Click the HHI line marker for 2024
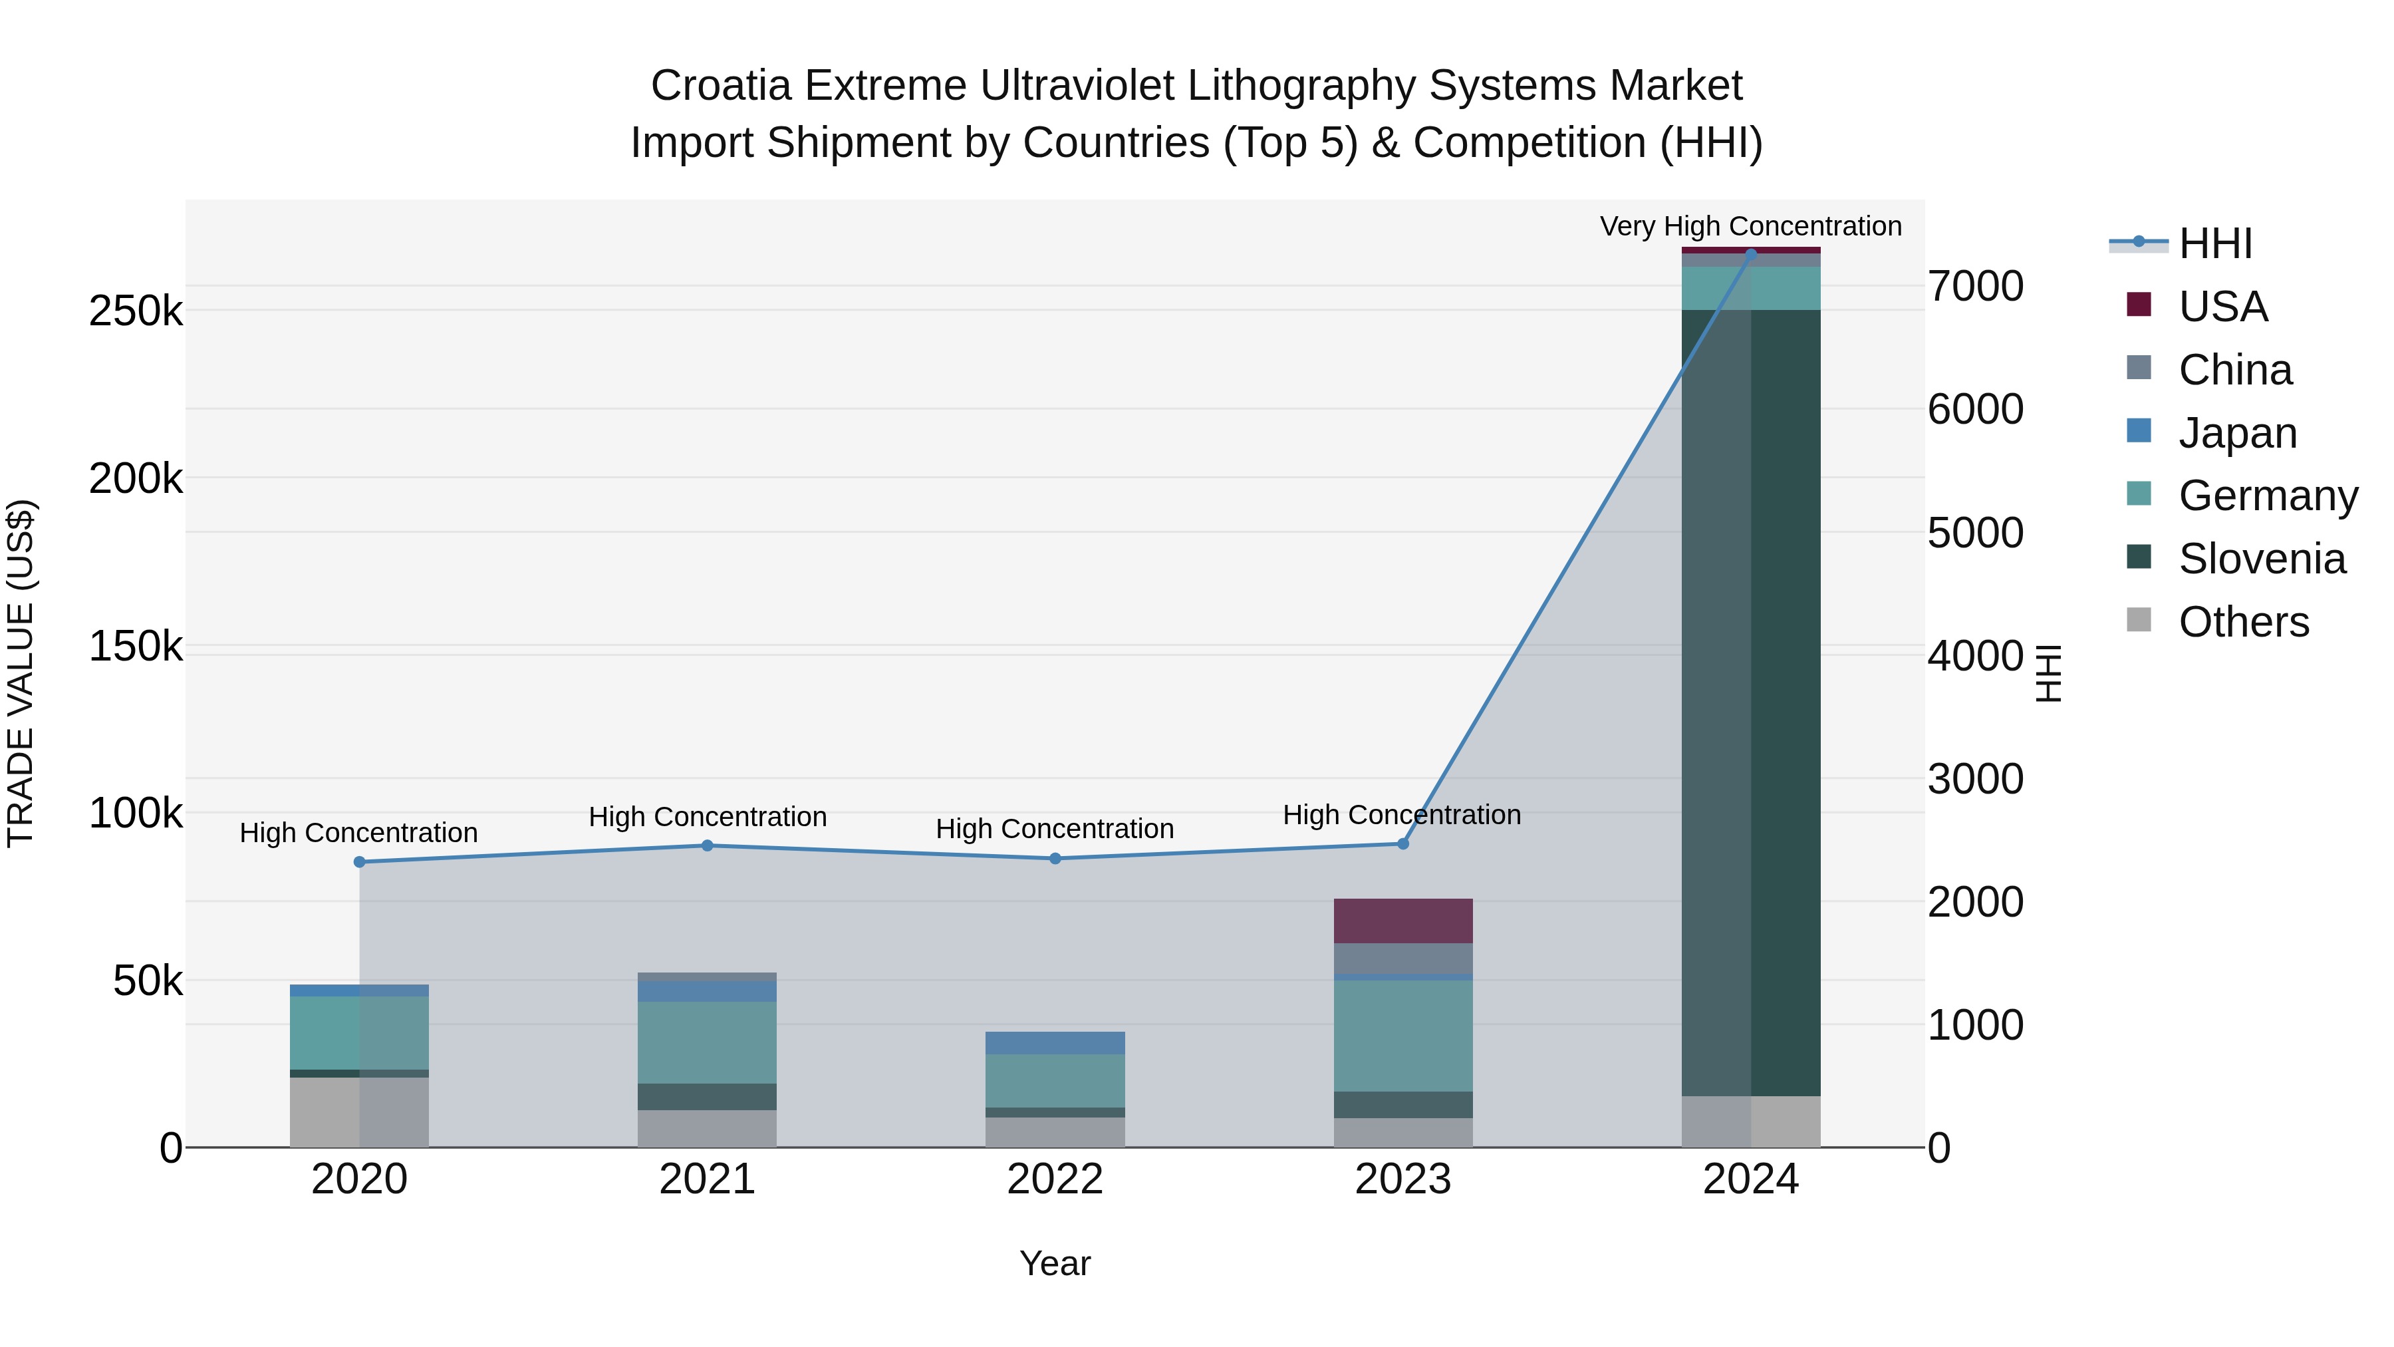click(x=1751, y=254)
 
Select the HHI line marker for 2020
click(x=360, y=861)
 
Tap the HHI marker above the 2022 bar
click(x=1055, y=858)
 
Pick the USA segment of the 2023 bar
click(x=1402, y=921)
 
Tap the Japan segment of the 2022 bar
click(x=1055, y=1042)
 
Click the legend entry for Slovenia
click(x=2261, y=559)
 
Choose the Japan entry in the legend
click(x=2237, y=433)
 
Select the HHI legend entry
click(x=2214, y=243)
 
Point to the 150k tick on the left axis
click(x=136, y=646)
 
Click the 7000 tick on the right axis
click(x=1975, y=286)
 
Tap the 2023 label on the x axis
click(x=1402, y=1179)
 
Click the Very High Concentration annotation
click(x=1750, y=226)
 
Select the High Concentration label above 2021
click(x=708, y=816)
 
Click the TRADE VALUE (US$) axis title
click(x=21, y=673)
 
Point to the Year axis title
click(x=1055, y=1263)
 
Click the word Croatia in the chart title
click(x=720, y=86)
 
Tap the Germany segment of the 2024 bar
click(x=1751, y=288)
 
